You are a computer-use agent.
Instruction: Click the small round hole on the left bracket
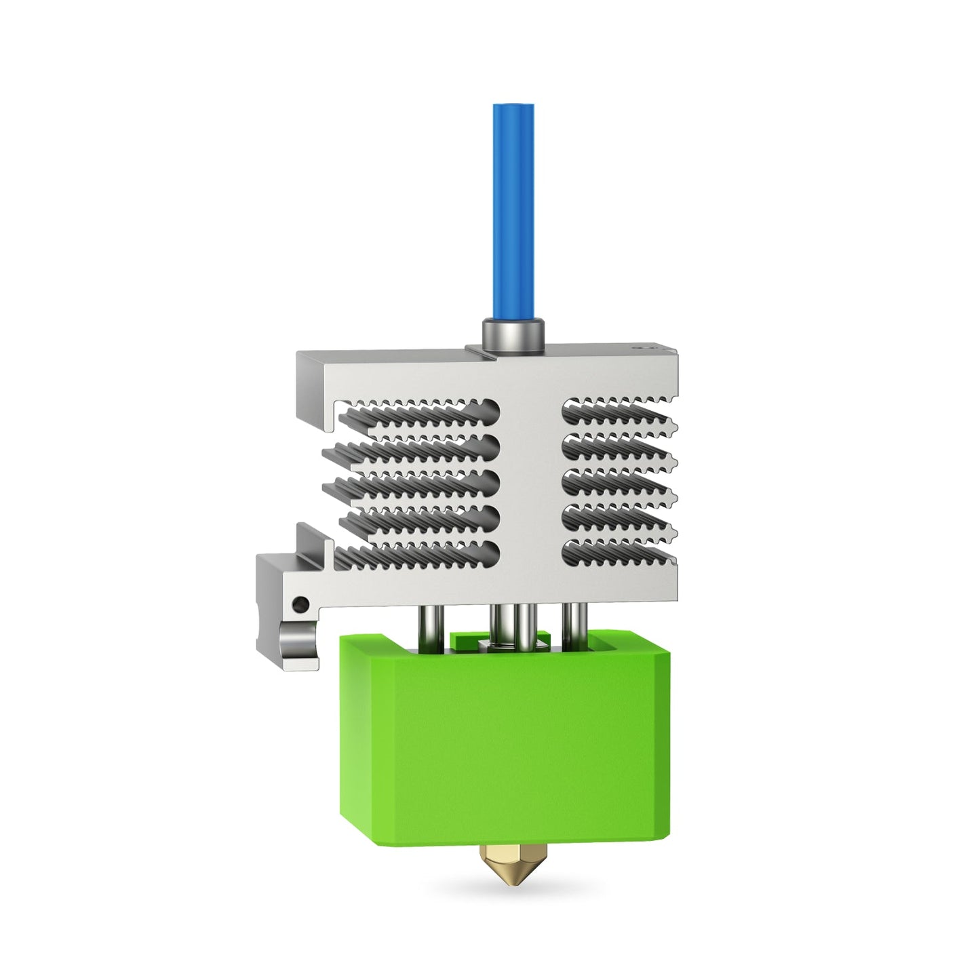tap(296, 602)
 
